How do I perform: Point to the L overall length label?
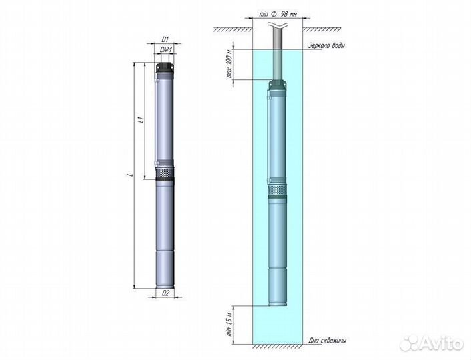(x=131, y=175)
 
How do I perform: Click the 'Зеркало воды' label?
(x=326, y=45)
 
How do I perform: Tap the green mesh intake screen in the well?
(x=278, y=192)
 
